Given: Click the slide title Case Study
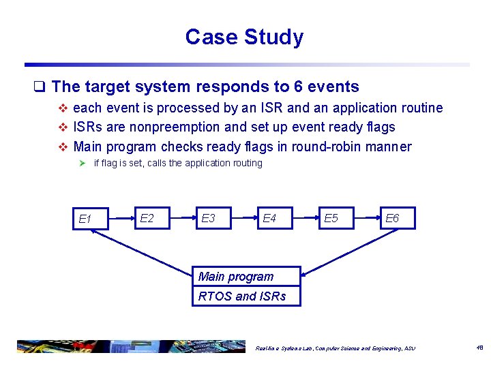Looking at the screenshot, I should point(244,37).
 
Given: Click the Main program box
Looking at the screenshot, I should point(246,276).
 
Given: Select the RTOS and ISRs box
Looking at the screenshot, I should point(246,296).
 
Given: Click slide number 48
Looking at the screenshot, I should point(479,347).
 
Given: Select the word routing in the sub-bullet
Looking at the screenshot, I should point(243,163).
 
